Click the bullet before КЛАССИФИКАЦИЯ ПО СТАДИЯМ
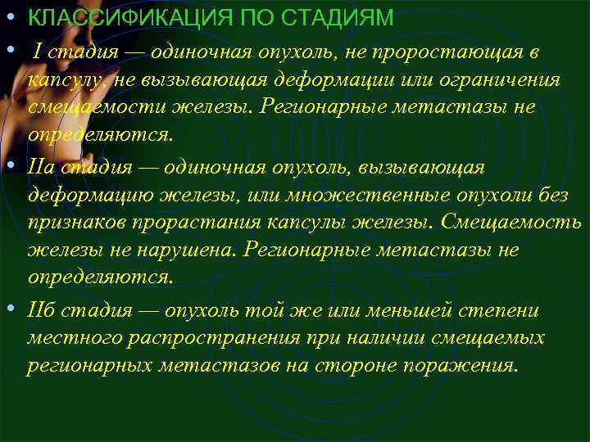(11, 16)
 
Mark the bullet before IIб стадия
(11, 308)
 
